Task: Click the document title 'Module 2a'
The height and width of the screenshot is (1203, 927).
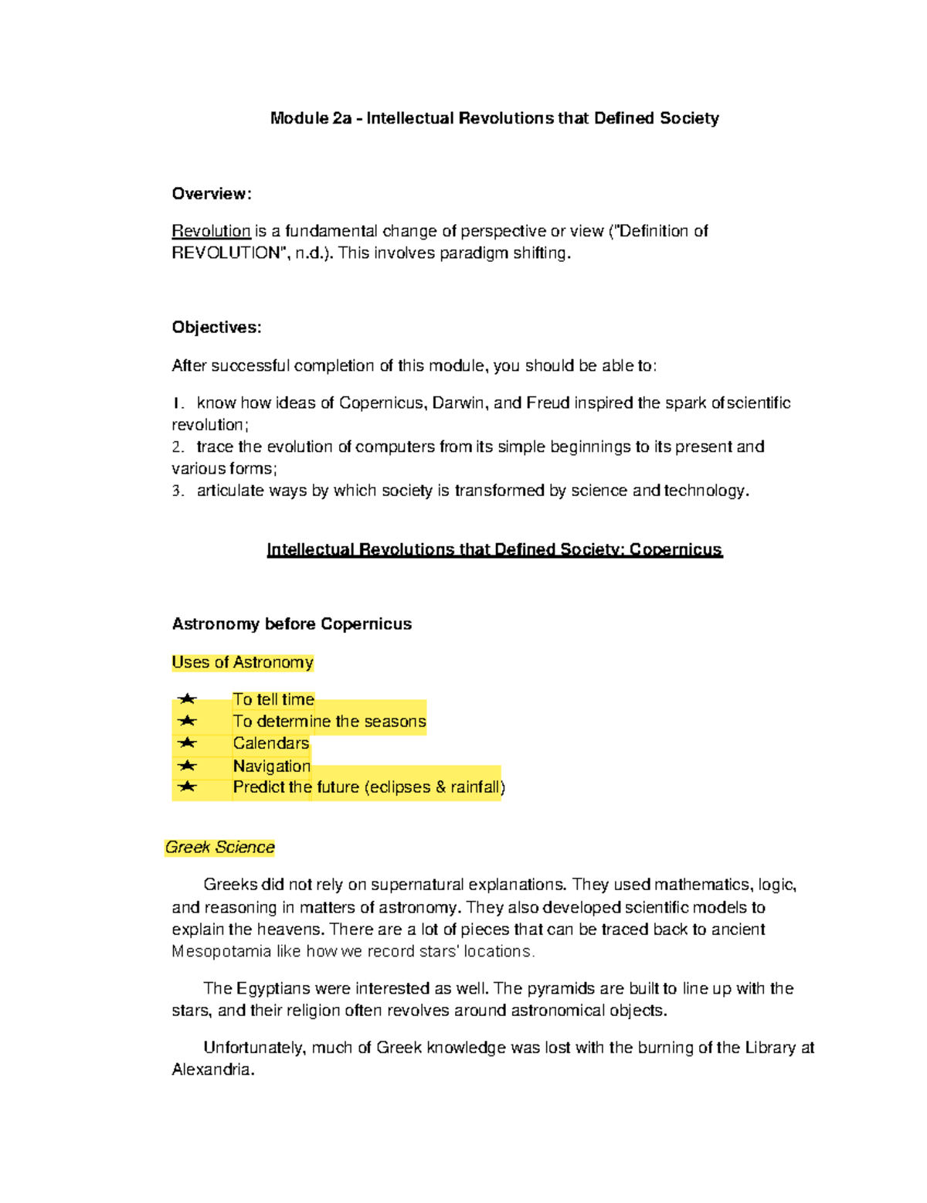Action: coord(311,118)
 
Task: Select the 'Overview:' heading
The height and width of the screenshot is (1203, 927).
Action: coord(212,194)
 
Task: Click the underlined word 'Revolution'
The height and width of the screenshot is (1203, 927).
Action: coord(211,231)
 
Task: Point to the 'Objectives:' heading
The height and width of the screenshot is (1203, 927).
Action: coord(216,328)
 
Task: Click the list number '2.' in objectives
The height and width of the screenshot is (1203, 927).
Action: coord(178,447)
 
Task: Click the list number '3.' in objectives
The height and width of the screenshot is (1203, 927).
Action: coord(178,491)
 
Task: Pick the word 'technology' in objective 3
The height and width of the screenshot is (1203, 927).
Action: coord(705,491)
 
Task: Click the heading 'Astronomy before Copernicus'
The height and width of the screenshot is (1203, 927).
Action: coord(291,624)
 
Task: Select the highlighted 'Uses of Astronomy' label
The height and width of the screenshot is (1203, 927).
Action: coord(242,663)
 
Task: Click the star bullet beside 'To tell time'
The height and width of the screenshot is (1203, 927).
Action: coord(187,700)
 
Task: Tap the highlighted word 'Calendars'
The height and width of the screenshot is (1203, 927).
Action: coord(271,743)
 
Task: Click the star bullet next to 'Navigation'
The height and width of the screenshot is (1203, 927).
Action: coord(187,766)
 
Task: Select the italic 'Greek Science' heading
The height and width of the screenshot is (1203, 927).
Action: coord(219,848)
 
